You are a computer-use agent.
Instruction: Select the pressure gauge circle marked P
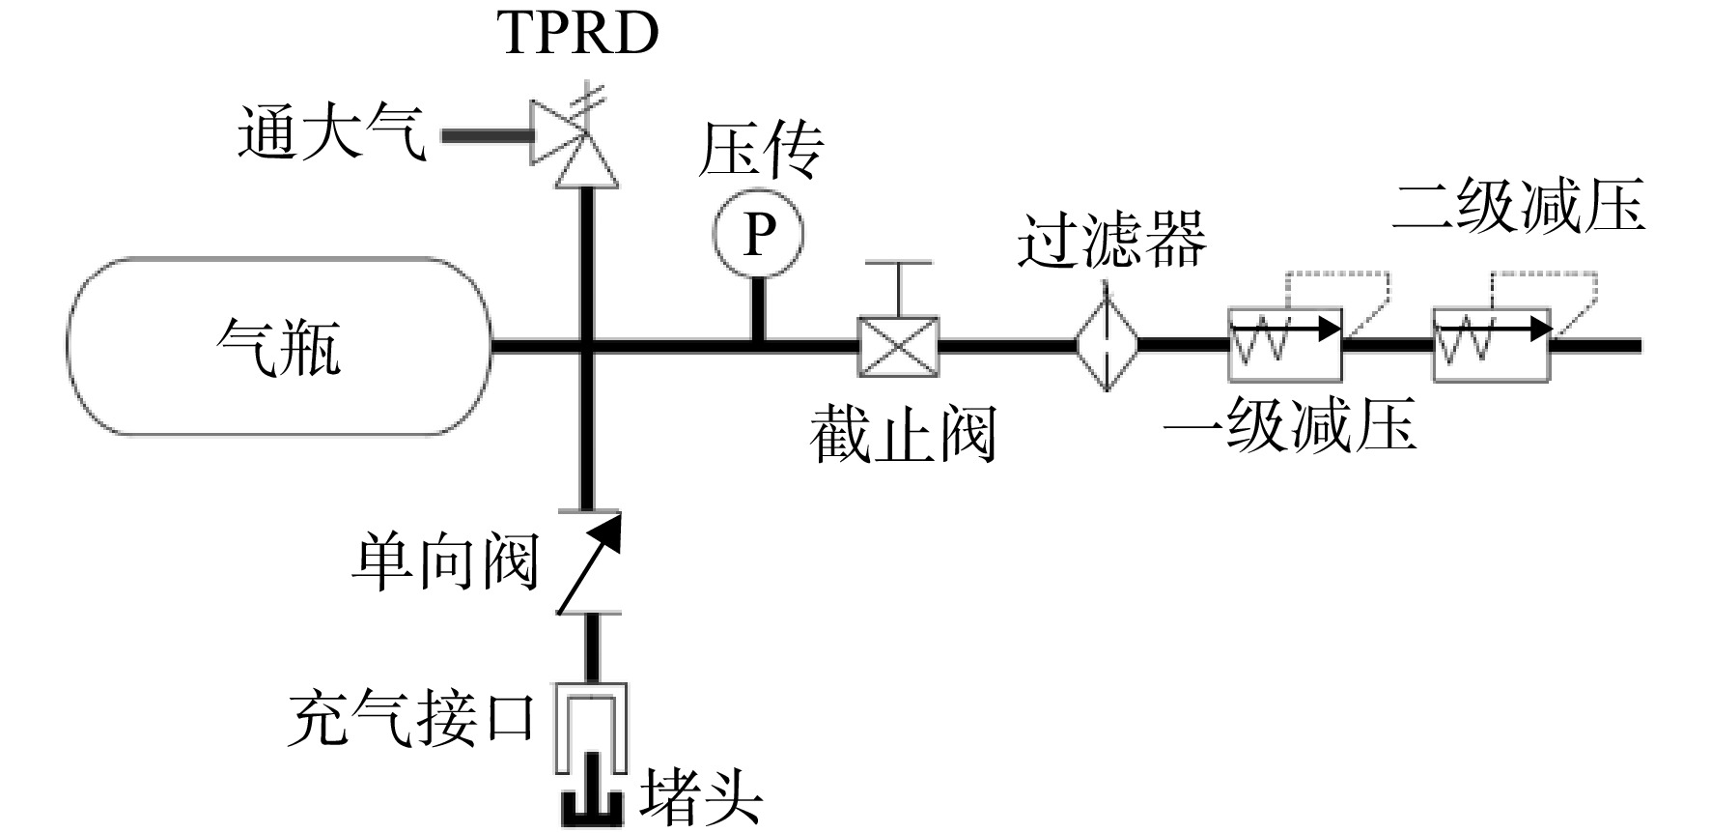click(x=759, y=233)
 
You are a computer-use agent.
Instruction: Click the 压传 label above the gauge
click(x=760, y=150)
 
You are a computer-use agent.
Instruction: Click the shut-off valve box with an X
click(x=898, y=345)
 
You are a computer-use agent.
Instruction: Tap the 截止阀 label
click(x=903, y=435)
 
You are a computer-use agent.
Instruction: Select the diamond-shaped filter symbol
click(x=1108, y=344)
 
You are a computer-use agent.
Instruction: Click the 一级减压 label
click(x=1290, y=424)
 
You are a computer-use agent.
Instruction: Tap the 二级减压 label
click(x=1518, y=205)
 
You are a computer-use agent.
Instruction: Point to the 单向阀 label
click(x=444, y=562)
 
